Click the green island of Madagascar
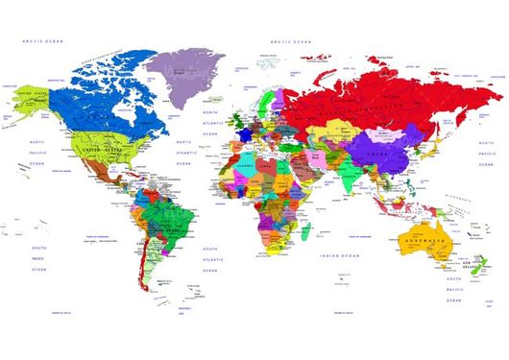(x=304, y=231)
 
